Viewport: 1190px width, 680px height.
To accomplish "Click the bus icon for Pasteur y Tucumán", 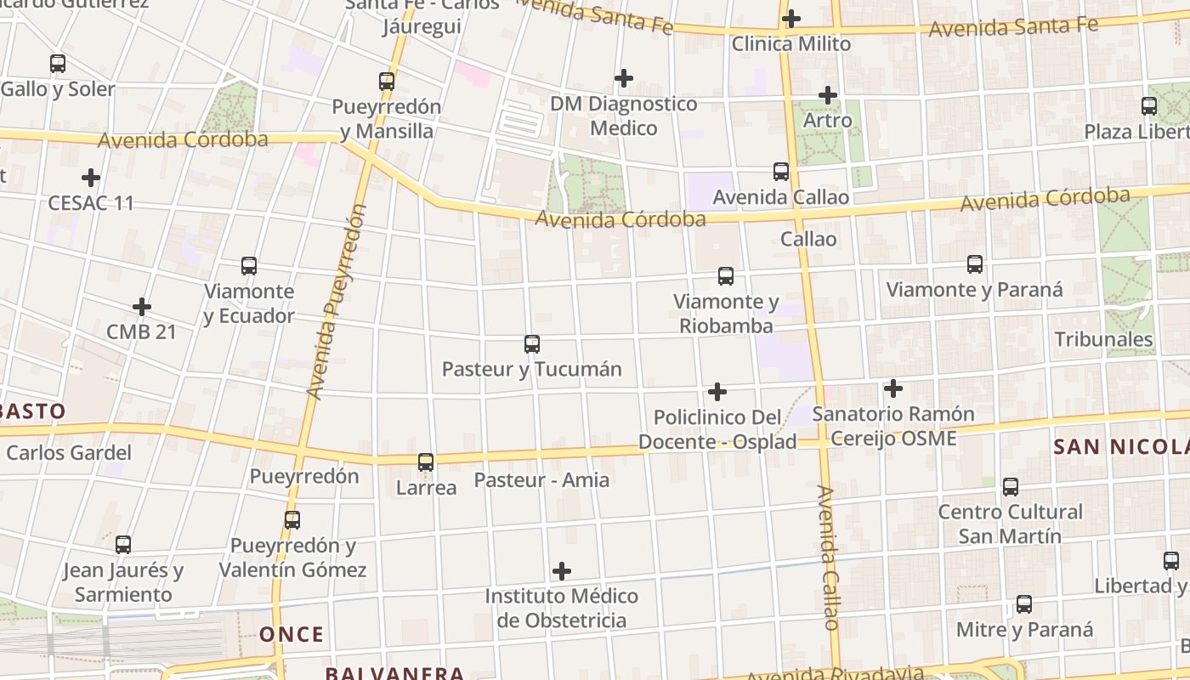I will pyautogui.click(x=532, y=344).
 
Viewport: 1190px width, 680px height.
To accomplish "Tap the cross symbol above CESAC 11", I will pyautogui.click(x=91, y=178).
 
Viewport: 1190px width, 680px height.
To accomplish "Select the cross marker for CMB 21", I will pyautogui.click(x=142, y=307).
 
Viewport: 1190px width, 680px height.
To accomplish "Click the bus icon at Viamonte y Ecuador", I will pyautogui.click(x=249, y=266).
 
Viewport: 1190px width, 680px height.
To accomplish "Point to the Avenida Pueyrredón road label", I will pyautogui.click(x=336, y=302).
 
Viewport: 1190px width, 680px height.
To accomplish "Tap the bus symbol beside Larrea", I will pyautogui.click(x=426, y=462).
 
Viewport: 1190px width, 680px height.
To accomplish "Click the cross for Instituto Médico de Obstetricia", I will pyautogui.click(x=562, y=571).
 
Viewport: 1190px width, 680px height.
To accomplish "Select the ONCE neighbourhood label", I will pyautogui.click(x=292, y=634).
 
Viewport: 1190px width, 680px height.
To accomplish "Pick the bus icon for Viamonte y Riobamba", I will pyautogui.click(x=726, y=276).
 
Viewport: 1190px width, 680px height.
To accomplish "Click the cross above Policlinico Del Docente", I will pyautogui.click(x=717, y=392).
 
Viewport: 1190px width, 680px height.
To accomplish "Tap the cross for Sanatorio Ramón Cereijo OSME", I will pyautogui.click(x=893, y=388).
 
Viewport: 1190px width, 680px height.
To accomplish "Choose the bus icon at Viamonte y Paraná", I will pyautogui.click(x=975, y=264).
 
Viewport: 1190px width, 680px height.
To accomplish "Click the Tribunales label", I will pyautogui.click(x=1103, y=340).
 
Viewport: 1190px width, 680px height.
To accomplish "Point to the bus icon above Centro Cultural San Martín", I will pyautogui.click(x=1011, y=487).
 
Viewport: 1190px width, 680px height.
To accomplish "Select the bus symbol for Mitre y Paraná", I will pyautogui.click(x=1025, y=604).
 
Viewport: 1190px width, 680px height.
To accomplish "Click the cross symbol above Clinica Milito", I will pyautogui.click(x=791, y=18).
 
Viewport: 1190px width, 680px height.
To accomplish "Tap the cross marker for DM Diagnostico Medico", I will pyautogui.click(x=624, y=78).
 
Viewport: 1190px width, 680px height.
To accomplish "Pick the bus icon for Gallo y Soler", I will pyautogui.click(x=58, y=64).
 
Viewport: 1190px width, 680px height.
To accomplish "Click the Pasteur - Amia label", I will pyautogui.click(x=541, y=480).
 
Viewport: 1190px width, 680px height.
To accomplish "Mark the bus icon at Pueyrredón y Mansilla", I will pyautogui.click(x=387, y=82).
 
